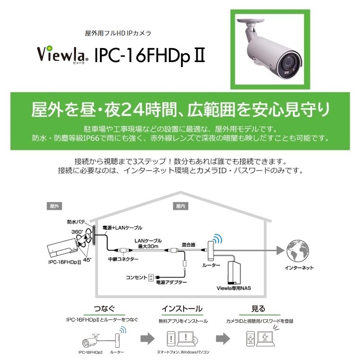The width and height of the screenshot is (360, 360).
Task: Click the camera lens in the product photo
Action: click(x=288, y=62)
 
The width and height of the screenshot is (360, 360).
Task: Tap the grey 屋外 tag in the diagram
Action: click(x=54, y=206)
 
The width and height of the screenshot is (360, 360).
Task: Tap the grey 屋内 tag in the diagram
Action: click(x=180, y=206)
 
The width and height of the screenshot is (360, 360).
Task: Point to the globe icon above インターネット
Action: click(x=298, y=251)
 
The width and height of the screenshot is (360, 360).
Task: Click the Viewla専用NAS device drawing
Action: click(x=234, y=273)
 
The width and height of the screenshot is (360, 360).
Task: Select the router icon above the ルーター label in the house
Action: click(x=211, y=251)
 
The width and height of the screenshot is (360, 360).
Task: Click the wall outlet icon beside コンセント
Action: click(x=151, y=278)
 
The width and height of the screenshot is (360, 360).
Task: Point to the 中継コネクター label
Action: click(x=123, y=259)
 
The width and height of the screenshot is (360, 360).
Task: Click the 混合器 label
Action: click(x=188, y=245)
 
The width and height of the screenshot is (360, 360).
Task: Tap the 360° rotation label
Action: click(x=77, y=232)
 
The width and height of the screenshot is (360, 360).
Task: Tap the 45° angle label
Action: click(x=87, y=260)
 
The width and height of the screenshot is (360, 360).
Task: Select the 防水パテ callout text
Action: click(x=76, y=222)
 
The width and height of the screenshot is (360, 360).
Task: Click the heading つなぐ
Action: click(x=104, y=308)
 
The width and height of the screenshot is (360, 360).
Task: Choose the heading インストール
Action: click(x=182, y=308)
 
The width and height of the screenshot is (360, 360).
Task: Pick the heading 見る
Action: click(x=258, y=308)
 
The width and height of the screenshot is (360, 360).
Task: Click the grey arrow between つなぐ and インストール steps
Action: click(x=148, y=338)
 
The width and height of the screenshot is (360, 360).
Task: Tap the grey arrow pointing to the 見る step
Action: click(x=223, y=338)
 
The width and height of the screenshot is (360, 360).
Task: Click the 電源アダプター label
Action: click(x=171, y=282)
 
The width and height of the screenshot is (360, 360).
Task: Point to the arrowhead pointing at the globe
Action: click(x=280, y=251)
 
